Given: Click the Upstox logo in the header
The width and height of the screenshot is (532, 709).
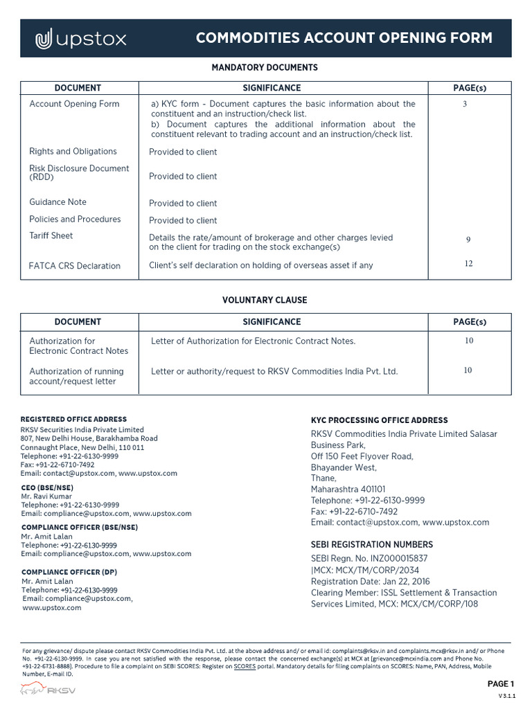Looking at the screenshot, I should (81, 39).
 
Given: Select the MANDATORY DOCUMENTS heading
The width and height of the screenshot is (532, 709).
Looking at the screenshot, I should (264, 67).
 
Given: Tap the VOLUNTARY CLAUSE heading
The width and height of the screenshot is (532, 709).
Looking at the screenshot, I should (264, 300).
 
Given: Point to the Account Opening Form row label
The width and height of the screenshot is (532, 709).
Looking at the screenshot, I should (74, 104).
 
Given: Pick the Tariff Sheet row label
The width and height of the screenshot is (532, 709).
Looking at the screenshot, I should (51, 235).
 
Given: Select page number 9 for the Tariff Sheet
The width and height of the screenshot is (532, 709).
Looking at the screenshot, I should (468, 240).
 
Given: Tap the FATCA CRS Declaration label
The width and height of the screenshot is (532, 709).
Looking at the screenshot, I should (75, 266).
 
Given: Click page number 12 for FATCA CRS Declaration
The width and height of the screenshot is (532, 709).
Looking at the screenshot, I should (468, 263).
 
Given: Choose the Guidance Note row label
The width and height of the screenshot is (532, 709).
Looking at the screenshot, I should (57, 202).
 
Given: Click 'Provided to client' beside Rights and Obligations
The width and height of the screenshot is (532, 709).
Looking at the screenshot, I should (183, 152).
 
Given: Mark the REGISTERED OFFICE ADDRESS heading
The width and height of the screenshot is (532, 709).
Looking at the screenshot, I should (73, 419).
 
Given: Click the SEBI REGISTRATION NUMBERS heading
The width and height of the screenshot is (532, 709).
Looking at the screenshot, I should (372, 544).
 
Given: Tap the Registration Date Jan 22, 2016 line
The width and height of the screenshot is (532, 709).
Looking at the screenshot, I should (370, 582).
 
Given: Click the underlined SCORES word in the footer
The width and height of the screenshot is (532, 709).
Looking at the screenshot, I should (245, 666).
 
